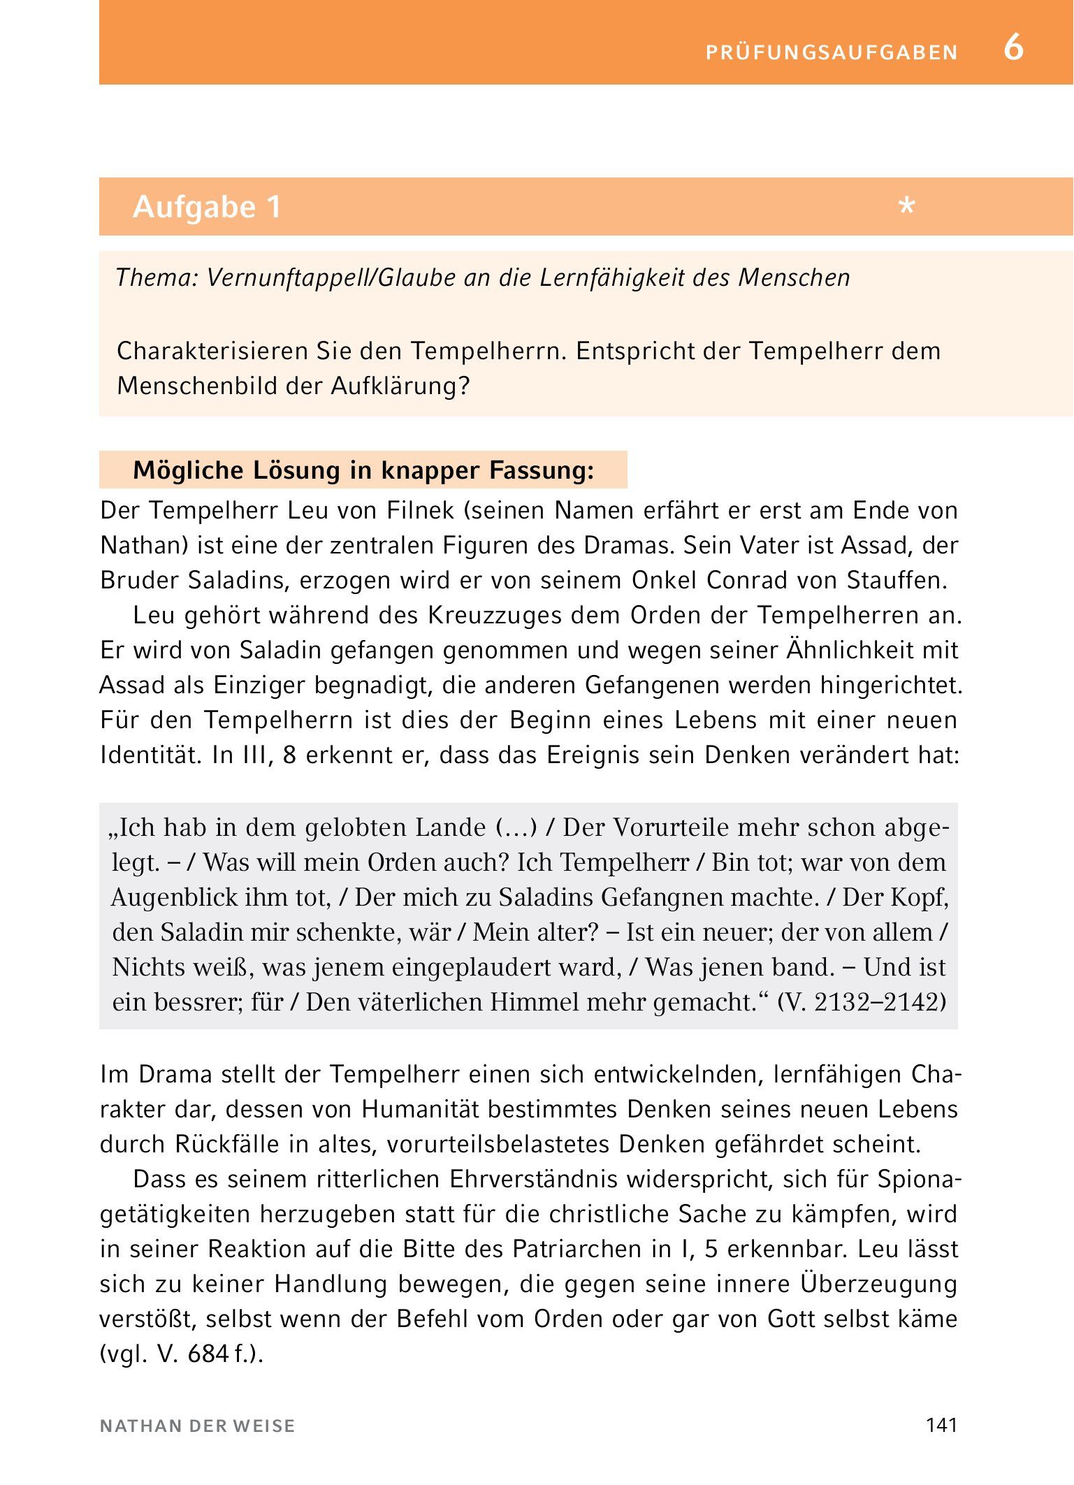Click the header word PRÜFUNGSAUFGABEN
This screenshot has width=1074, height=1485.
pyautogui.click(x=832, y=52)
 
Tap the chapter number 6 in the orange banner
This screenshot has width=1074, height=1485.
pyautogui.click(x=1013, y=48)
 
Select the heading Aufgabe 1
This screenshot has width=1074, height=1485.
pyautogui.click(x=207, y=207)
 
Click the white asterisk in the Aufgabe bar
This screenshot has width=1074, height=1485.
pyautogui.click(x=907, y=207)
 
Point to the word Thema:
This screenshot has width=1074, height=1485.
pyautogui.click(x=157, y=278)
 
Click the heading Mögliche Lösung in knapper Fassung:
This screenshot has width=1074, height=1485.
pyautogui.click(x=363, y=470)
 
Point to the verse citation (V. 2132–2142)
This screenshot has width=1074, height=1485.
pyautogui.click(x=862, y=1002)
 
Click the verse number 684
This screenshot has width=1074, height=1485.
pyautogui.click(x=208, y=1354)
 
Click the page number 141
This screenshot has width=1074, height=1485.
pyautogui.click(x=941, y=1426)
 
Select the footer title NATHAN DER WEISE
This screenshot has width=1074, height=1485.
pyautogui.click(x=198, y=1426)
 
